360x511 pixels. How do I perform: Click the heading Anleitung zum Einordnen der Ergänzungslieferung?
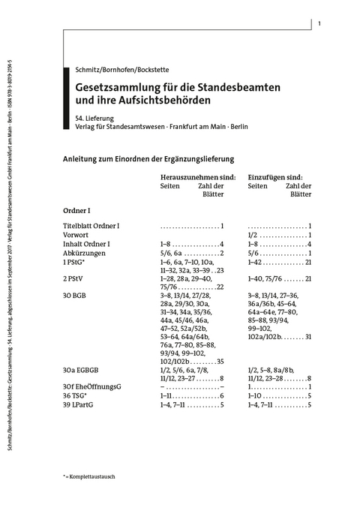point(149,158)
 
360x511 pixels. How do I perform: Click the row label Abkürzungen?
point(84,253)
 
